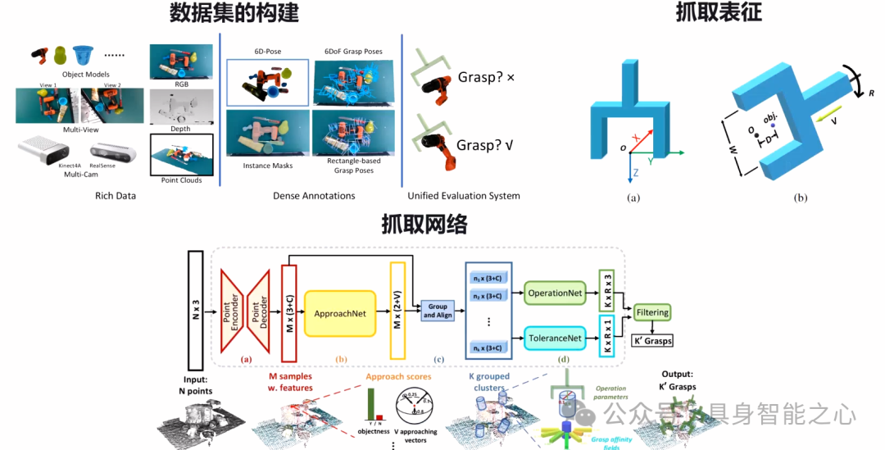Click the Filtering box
tap(652, 312)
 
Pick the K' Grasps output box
tap(652, 339)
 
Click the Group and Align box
tap(435, 311)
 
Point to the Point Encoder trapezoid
tap(234, 312)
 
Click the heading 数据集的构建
tap(234, 14)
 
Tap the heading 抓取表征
tap(710, 14)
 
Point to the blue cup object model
tap(83, 56)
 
